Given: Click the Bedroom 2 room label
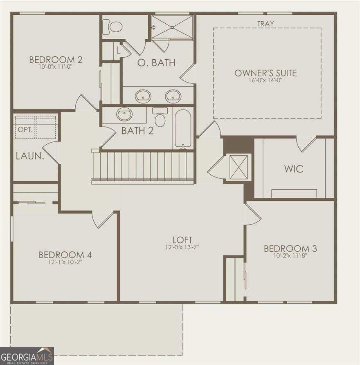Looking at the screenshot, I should pos(56,60).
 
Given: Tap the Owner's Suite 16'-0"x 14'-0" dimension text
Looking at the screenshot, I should pos(265,81).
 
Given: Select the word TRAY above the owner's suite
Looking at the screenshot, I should pos(265,24).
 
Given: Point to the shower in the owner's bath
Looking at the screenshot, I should pos(172,27).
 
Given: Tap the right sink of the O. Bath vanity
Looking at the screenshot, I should pos(173,96).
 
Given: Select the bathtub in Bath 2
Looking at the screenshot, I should pos(182,128).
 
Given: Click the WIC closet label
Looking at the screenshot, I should pos(294,168).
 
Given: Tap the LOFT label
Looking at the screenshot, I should pos(182,240).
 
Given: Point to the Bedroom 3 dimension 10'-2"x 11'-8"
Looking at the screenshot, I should pos(290,255).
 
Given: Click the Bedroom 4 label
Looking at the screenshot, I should pos(65,255).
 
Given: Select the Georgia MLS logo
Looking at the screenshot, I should pos(27,355).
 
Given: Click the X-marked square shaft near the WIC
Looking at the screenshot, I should pos(237,167).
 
